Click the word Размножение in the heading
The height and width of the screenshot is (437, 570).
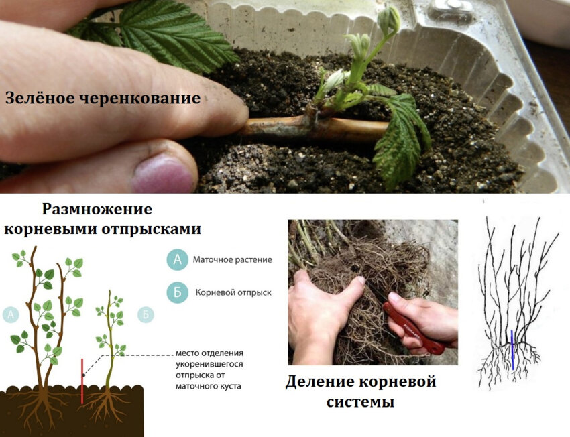pos(97,208)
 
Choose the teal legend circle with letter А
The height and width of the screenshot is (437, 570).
pos(177,259)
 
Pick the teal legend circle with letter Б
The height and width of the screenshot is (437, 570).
pos(177,293)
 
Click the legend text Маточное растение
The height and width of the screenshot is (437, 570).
pos(232,259)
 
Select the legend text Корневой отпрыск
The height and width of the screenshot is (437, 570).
pos(233,293)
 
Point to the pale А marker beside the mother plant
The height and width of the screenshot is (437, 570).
pos(11,313)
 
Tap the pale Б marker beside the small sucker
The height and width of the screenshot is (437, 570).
pos(144,313)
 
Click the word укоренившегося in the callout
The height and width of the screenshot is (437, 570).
pos(209,364)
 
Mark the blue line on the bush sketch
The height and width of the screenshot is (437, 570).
pos(512,349)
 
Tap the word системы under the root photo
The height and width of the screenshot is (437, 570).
pos(360,402)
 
